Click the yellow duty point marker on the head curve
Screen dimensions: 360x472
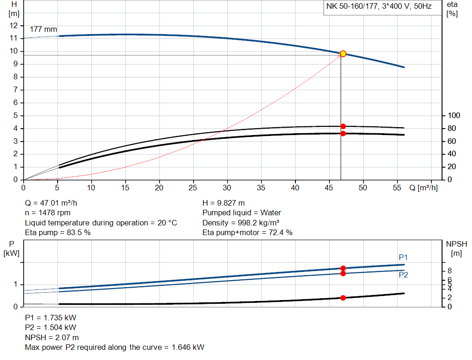343,54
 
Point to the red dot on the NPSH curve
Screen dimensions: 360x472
343,298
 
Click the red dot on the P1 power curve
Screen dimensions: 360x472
343,268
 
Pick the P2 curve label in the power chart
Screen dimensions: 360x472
403,275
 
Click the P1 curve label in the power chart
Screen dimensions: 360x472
403,257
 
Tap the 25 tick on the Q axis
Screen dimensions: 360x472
193,188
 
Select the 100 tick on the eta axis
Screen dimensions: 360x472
454,115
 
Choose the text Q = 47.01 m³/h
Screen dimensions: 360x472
54,203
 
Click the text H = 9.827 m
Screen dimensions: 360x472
224,203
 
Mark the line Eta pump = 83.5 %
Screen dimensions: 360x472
58,233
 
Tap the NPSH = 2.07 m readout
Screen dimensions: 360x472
52,337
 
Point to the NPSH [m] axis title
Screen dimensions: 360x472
454,248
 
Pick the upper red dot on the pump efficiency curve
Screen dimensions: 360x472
343,126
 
